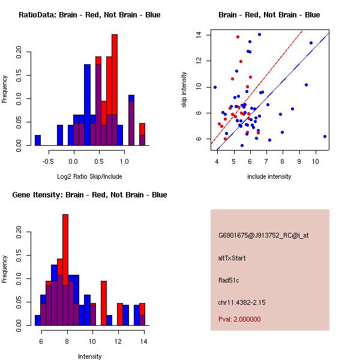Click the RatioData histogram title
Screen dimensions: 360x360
pyautogui.click(x=89, y=15)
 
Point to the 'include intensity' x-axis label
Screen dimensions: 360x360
pyautogui.click(x=269, y=176)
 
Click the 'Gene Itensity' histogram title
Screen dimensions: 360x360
pyautogui.click(x=89, y=195)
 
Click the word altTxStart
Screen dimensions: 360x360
pyautogui.click(x=232, y=258)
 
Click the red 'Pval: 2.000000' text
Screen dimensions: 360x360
pyautogui.click(x=239, y=319)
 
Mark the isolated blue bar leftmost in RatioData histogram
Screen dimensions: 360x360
pyautogui.click(x=38, y=140)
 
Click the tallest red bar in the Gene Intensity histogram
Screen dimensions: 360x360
pyautogui.click(x=65, y=240)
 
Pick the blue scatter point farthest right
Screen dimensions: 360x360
pyautogui.click(x=325, y=136)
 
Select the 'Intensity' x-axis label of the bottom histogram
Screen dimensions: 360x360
pyautogui.click(x=89, y=356)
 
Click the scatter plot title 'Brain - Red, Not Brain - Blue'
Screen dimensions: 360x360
pyautogui.click(x=269, y=15)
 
